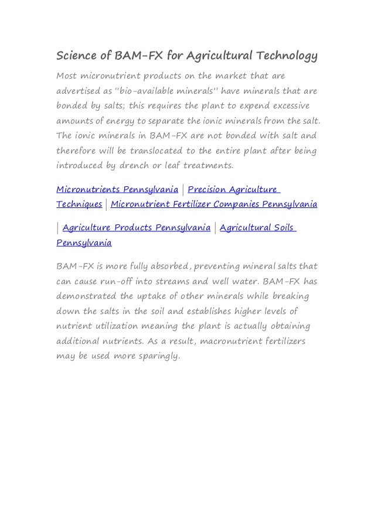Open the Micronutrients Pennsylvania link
(117, 190)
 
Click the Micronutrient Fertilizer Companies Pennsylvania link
(214, 204)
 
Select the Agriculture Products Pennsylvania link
(136, 227)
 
